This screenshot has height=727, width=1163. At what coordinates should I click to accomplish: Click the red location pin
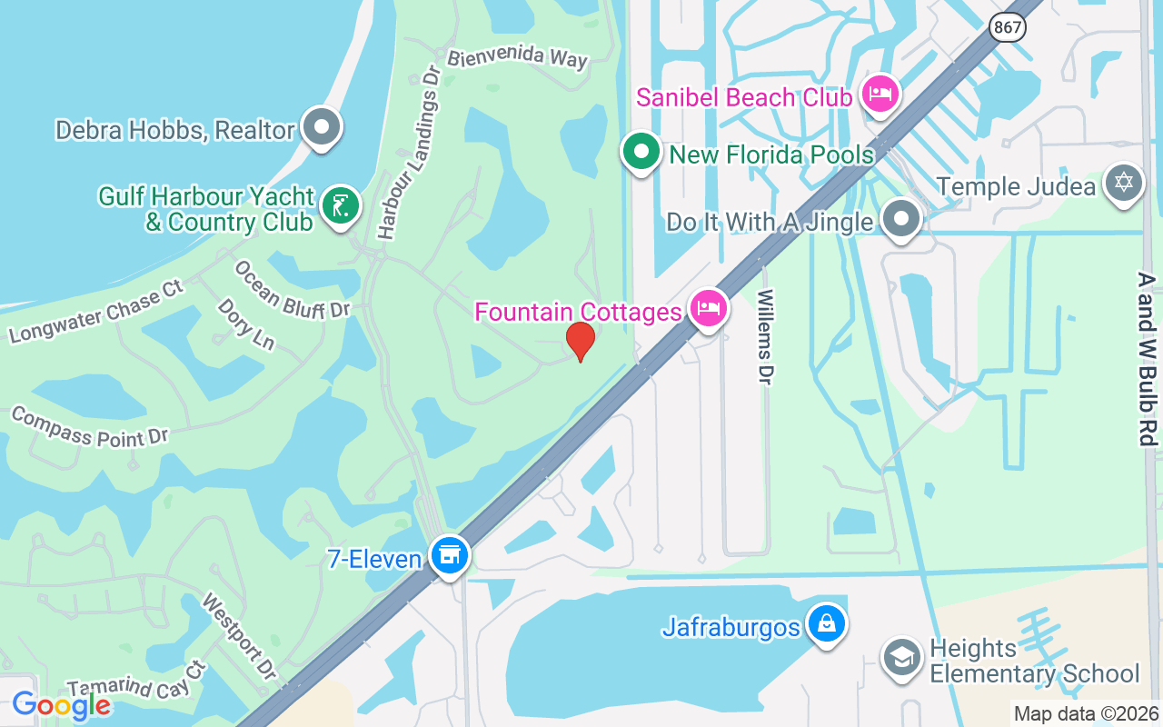(x=581, y=342)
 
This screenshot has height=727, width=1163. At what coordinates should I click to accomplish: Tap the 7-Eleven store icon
(x=449, y=555)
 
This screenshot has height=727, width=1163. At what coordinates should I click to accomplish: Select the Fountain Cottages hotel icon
(x=709, y=309)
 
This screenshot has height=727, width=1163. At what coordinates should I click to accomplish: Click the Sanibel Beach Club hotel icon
(x=880, y=94)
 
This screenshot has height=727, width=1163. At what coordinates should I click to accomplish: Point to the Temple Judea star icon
(x=1123, y=184)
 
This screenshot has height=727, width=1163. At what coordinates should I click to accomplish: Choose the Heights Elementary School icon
(x=901, y=658)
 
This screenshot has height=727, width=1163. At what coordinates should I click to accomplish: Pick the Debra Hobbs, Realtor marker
(x=321, y=128)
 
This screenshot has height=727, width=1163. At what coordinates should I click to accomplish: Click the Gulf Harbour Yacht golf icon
(x=342, y=207)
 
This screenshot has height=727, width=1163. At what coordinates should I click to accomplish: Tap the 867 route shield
(x=1009, y=27)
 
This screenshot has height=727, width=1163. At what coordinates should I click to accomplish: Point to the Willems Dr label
(x=766, y=336)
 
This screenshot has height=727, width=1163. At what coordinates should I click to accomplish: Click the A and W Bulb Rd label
(x=1148, y=358)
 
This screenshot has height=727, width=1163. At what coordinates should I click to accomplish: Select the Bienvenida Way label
(x=519, y=57)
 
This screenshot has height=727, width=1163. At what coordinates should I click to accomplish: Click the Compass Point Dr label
(x=90, y=427)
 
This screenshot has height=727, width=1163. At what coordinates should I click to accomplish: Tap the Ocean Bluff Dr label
(x=292, y=290)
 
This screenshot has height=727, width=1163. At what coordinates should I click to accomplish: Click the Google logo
(x=61, y=704)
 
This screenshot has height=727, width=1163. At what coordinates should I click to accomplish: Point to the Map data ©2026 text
(x=1086, y=713)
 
